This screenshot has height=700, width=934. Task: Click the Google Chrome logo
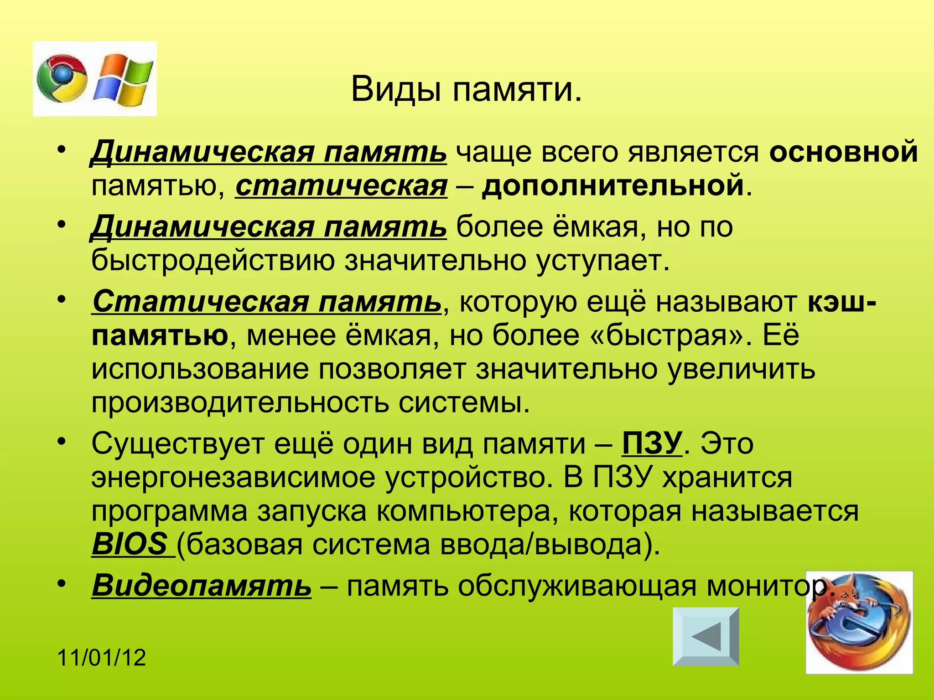[x=62, y=78]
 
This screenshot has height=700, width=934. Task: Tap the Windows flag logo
[x=123, y=78]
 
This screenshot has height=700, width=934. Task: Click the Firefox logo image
[x=859, y=623]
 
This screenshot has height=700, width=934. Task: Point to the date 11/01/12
[x=102, y=658]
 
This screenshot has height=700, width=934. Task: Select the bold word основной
[x=843, y=152]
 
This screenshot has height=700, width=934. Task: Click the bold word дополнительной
[x=613, y=185]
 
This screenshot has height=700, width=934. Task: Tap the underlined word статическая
[x=341, y=185]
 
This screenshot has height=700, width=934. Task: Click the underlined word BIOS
[x=130, y=544]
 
